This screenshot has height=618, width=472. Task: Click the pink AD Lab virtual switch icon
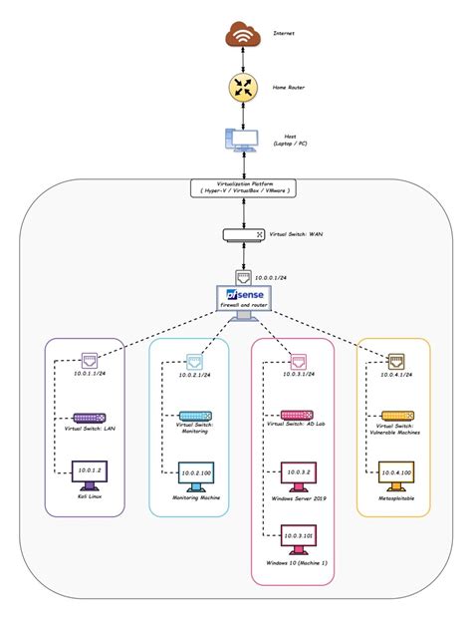296,415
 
